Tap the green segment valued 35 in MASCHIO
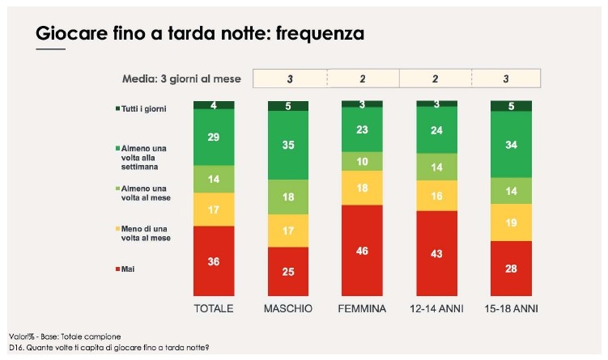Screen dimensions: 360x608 288,145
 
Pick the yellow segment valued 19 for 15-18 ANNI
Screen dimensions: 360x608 512,222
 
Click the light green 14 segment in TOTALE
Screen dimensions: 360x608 214,179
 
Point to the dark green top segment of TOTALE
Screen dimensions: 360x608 214,105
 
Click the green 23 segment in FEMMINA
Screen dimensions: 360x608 362,129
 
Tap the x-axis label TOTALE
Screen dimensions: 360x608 214,309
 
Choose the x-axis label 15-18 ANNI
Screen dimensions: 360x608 511,309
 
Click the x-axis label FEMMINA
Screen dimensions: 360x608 362,309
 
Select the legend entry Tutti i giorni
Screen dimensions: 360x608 143,108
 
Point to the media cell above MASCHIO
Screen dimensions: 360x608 289,78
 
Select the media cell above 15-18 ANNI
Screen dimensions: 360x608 506,78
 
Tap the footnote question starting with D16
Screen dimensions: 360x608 108,348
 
